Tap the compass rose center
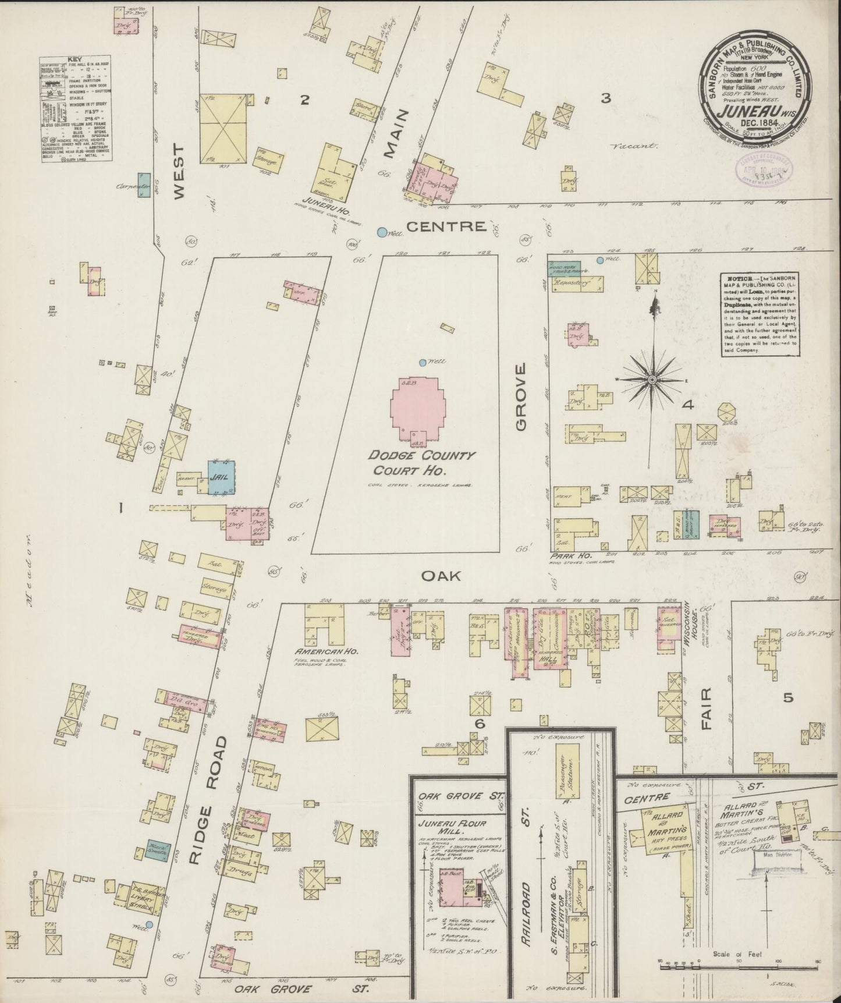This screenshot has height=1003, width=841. coord(652,379)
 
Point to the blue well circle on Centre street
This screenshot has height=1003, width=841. coord(382,232)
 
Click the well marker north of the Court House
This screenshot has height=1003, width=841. coord(423,363)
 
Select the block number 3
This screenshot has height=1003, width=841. coord(605,99)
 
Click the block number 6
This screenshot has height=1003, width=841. coord(480,724)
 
